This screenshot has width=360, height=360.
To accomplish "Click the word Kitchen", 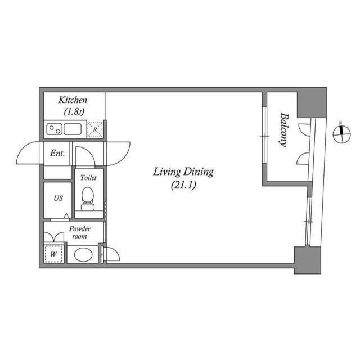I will click(73, 101).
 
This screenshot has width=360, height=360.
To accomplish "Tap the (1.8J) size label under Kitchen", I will click(73, 111).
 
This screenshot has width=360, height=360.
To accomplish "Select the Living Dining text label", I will click(183, 172).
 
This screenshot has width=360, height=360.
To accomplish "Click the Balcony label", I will click(283, 130).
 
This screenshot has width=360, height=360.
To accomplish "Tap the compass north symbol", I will click(340, 133).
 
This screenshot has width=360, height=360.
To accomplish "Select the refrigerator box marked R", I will click(96, 129).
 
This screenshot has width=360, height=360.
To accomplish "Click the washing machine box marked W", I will click(54, 254).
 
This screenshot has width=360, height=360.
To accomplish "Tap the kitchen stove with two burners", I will click(54, 129).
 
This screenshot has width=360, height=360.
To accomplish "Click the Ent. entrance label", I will click(57, 153).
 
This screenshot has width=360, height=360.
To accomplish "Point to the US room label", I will click(58, 199).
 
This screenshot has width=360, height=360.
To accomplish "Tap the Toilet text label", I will click(88, 178).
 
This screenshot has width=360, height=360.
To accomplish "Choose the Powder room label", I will click(79, 233).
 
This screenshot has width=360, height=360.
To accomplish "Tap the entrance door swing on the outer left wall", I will click(31, 152).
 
